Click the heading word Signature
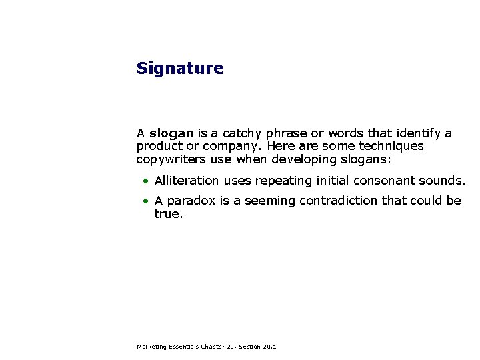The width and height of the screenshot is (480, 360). pyautogui.click(x=180, y=69)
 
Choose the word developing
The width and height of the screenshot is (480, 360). pyautogui.click(x=301, y=159)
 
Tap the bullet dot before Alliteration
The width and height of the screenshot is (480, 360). pyautogui.click(x=144, y=181)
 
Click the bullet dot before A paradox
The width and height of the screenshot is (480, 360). pyautogui.click(x=144, y=201)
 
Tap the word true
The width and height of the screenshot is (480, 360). pyautogui.click(x=167, y=214)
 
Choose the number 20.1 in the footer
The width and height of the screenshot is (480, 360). pyautogui.click(x=270, y=347)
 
